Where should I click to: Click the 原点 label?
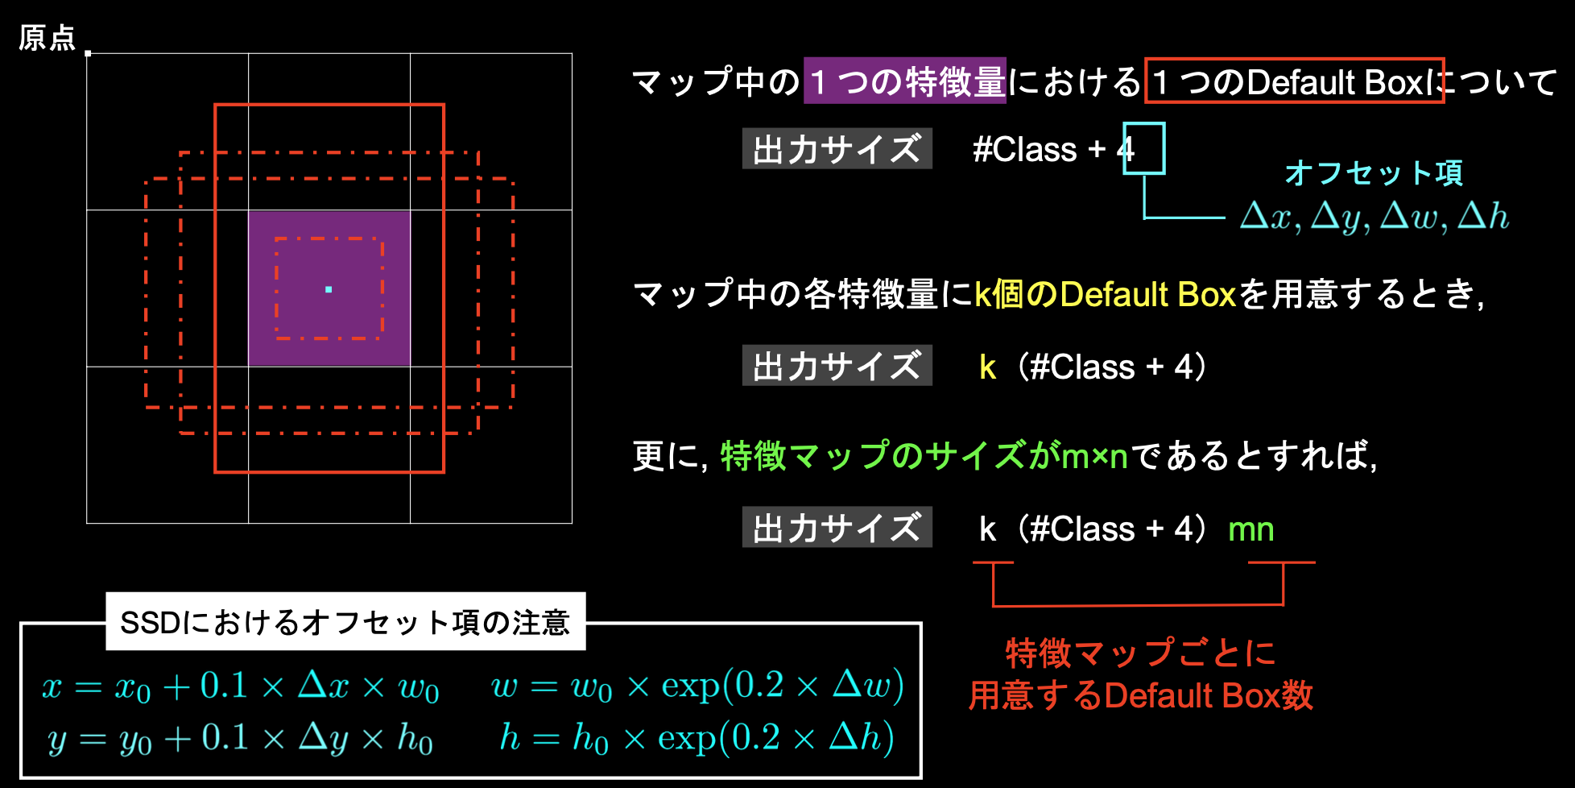[x=47, y=38]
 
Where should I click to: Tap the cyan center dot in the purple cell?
[x=329, y=289]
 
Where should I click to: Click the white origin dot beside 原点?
[x=88, y=53]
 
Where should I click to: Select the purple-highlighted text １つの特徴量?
[x=905, y=81]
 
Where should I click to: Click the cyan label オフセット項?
[x=1373, y=172]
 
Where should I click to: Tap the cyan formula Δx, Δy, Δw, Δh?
[x=1375, y=217]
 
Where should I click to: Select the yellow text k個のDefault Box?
[x=1105, y=294]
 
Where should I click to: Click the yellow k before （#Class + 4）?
[x=988, y=367]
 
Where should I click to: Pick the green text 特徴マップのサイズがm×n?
[x=924, y=456]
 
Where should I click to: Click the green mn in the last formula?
[x=1251, y=529]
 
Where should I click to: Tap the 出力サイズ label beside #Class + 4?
[x=837, y=148]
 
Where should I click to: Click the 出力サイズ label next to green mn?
[x=837, y=527]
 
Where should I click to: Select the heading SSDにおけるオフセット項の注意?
[x=345, y=622]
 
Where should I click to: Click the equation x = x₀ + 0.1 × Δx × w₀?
[x=241, y=686]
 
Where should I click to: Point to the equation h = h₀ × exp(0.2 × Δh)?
[x=697, y=737]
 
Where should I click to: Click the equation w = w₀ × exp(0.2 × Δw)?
[x=697, y=686]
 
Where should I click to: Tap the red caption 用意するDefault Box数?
[x=1140, y=695]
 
